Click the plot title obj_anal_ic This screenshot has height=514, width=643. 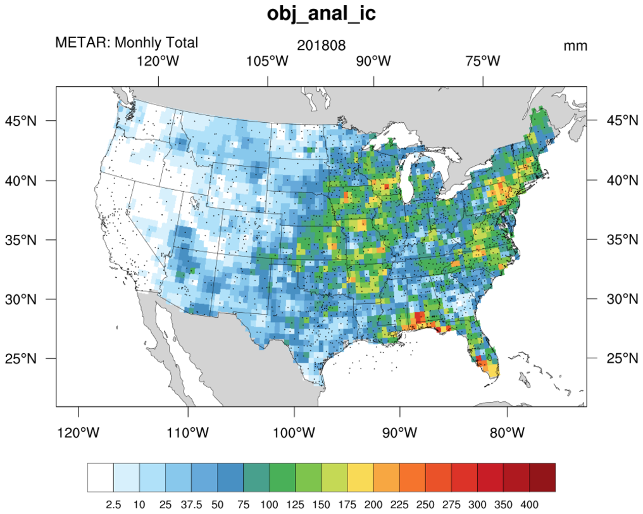[x=321, y=15]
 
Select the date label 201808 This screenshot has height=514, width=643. [x=321, y=46]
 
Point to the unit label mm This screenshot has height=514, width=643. [x=575, y=46]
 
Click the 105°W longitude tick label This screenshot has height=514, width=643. [x=268, y=61]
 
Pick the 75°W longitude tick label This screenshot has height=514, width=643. [x=483, y=61]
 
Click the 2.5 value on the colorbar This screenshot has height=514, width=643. [x=114, y=503]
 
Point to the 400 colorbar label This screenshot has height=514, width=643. [x=529, y=503]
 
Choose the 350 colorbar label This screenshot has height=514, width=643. [x=503, y=503]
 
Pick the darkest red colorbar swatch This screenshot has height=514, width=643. [x=542, y=477]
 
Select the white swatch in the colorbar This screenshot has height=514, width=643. [x=101, y=477]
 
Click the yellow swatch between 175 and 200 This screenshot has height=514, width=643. [x=360, y=477]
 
